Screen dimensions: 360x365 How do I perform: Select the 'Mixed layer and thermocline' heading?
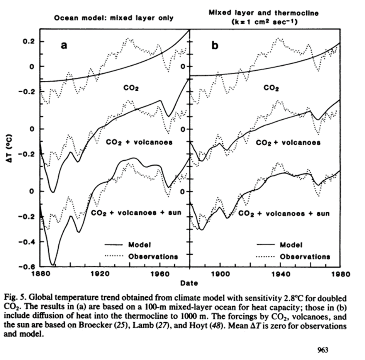pyautogui.click(x=264, y=13)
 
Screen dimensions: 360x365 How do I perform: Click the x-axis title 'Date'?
pyautogui.click(x=189, y=283)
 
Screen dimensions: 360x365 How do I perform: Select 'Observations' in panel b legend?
pyautogui.click(x=305, y=256)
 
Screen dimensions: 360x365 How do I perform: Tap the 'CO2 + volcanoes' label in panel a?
pyautogui.click(x=139, y=143)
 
